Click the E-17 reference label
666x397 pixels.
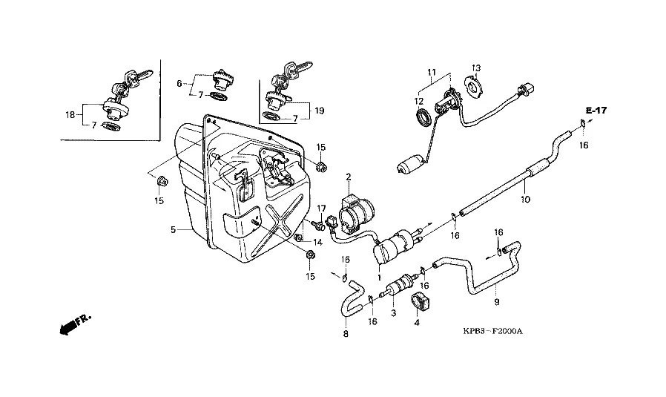596,111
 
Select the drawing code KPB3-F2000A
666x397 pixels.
492,331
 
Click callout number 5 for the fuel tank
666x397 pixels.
173,229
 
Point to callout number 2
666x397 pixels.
349,177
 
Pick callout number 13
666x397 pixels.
475,68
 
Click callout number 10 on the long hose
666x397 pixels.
525,199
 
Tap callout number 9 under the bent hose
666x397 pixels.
496,302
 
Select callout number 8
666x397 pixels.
346,334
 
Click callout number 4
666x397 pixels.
417,323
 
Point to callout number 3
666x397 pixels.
393,313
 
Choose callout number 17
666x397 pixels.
321,209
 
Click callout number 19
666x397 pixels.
320,111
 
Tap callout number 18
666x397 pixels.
70,115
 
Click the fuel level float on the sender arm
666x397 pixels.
411,165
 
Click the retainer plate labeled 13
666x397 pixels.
474,87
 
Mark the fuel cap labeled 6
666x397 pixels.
222,78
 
